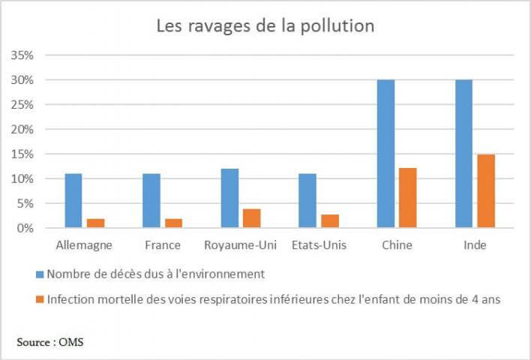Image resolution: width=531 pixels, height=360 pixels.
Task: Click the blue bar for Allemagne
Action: (73, 200)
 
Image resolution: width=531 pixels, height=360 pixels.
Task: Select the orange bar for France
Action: (173, 223)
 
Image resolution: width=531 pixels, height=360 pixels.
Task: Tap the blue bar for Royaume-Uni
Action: (229, 198)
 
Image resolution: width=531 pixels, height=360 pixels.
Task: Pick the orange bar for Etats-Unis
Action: (329, 220)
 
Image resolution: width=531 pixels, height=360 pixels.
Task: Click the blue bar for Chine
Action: (385, 153)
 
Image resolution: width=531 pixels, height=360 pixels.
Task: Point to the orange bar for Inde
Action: (485, 190)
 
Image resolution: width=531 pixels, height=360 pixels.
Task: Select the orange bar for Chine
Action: (407, 197)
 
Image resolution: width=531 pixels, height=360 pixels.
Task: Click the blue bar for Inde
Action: (463, 153)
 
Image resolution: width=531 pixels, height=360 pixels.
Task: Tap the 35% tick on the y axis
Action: (25, 55)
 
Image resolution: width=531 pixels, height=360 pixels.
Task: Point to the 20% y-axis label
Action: (25, 129)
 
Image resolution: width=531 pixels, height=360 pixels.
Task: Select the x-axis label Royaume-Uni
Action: (232, 246)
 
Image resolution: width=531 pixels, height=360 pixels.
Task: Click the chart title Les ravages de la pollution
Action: (265, 25)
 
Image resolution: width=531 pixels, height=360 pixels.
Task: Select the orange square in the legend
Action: (39, 300)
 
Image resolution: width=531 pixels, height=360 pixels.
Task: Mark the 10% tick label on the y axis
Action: (25, 178)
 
